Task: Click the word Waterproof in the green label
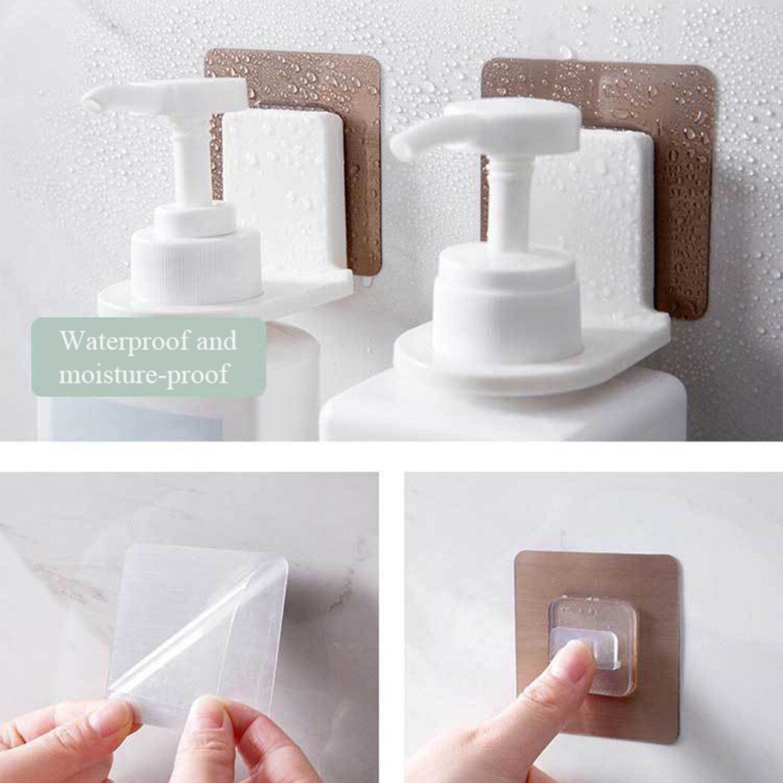(117, 342)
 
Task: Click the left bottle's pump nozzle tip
(92, 101)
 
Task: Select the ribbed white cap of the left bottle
(196, 264)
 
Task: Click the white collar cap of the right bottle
(507, 306)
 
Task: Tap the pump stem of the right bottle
(509, 201)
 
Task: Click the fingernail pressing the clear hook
(570, 660)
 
